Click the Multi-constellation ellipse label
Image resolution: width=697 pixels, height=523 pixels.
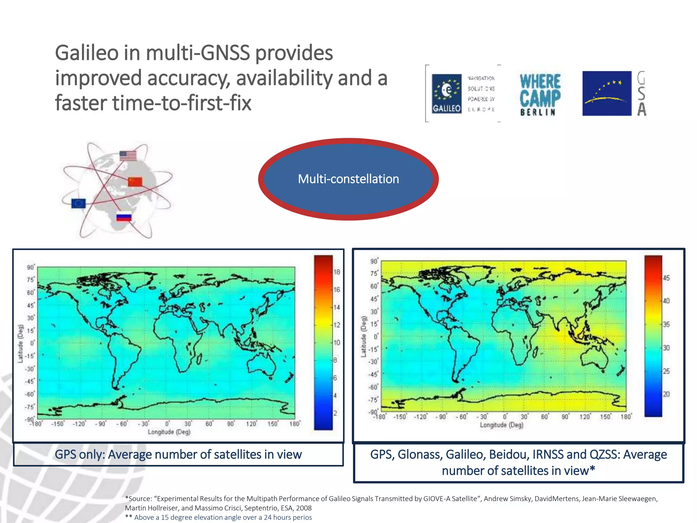coord(348,179)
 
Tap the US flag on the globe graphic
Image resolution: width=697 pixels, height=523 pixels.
coord(128,156)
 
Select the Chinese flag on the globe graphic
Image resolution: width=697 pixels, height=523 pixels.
coord(135,182)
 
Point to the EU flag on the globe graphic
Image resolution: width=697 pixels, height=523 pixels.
coord(79,203)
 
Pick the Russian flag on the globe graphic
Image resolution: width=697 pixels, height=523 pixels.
coord(124,217)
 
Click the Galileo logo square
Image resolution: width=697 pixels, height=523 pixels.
coord(447,94)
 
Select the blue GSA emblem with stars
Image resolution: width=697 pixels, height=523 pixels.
coord(606,93)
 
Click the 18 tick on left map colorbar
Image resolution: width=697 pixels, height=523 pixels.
coord(337,272)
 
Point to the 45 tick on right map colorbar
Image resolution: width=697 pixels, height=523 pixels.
coord(666,278)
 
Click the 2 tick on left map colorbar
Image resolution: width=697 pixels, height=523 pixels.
coord(335,413)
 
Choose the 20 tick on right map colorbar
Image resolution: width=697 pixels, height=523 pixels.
coord(666,394)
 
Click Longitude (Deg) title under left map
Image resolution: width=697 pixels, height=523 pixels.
coord(169,432)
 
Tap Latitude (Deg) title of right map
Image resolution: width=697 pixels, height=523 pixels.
coord(363,336)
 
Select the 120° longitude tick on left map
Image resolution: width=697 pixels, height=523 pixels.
coord(251,424)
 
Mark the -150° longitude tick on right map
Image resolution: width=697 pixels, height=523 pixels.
coord(400,417)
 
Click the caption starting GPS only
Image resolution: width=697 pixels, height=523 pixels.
coord(178,454)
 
